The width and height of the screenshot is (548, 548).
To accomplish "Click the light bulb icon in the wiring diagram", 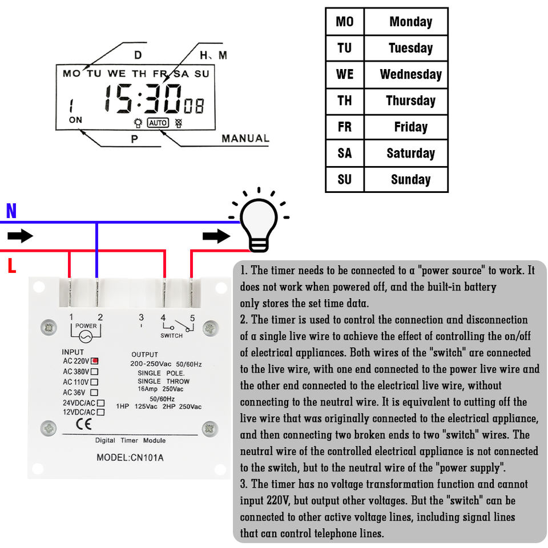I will [259, 221].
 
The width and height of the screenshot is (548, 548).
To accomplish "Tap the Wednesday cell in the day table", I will [410, 74].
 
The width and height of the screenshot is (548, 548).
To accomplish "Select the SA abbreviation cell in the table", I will [345, 153].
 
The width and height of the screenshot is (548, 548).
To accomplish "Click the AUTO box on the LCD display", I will [158, 123].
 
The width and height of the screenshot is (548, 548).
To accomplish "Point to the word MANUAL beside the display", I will [245, 138].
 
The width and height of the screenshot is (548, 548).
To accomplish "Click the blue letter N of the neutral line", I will [11, 212].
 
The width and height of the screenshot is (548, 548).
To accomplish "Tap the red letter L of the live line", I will [11, 265].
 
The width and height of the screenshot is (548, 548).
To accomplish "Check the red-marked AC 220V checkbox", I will [95, 361].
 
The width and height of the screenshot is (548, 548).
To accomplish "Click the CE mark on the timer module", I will [84, 424].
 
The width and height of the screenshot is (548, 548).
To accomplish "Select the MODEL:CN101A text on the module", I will [130, 457].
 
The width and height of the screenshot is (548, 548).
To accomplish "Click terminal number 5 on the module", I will [192, 318].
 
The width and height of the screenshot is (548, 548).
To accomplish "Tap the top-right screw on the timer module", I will [210, 328].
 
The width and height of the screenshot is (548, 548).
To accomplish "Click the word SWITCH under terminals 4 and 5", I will [171, 336].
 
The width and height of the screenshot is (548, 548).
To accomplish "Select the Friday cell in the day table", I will [410, 127].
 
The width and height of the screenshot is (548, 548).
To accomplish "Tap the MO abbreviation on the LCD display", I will [71, 73].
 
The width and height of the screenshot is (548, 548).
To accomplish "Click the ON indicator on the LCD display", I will [75, 120].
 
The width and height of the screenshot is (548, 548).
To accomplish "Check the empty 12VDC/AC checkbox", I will [100, 412].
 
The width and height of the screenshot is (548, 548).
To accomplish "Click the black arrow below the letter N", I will [21, 236].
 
